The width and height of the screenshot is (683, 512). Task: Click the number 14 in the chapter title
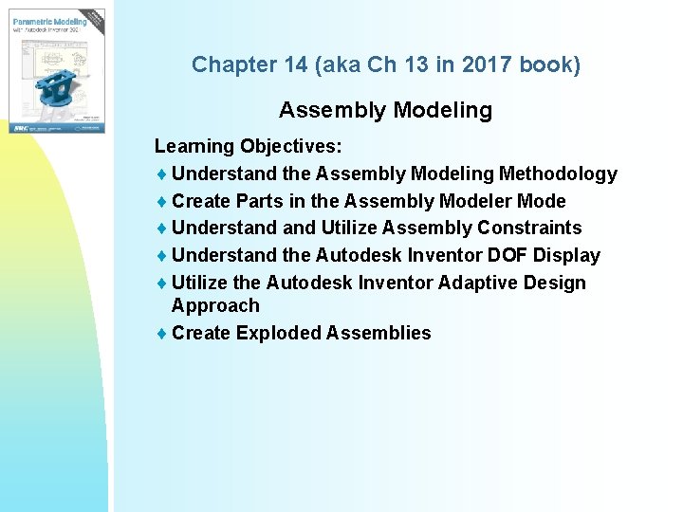point(291,65)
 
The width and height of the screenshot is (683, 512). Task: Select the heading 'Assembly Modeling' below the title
point(385,111)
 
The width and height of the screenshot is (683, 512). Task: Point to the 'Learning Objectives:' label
point(249,147)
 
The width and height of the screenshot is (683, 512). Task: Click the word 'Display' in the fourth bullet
point(566,256)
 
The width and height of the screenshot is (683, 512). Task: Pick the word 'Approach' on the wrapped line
point(214,306)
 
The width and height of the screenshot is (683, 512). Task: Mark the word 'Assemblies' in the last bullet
point(378,334)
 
